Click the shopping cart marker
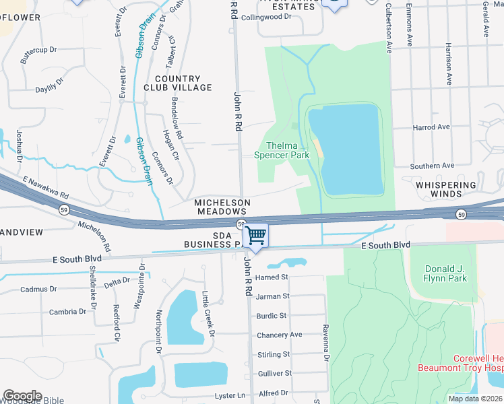(256, 235)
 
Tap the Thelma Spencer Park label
(282, 150)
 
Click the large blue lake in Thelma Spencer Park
(350, 148)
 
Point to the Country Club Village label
(178, 83)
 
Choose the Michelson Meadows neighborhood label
(222, 207)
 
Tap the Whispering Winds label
(439, 189)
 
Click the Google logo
(22, 395)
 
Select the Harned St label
(272, 277)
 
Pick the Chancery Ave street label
(279, 335)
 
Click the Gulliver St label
(275, 373)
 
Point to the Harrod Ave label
(431, 127)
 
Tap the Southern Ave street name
(432, 166)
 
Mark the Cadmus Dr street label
(39, 289)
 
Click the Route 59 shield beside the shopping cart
(241, 224)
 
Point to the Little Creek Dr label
(208, 314)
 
